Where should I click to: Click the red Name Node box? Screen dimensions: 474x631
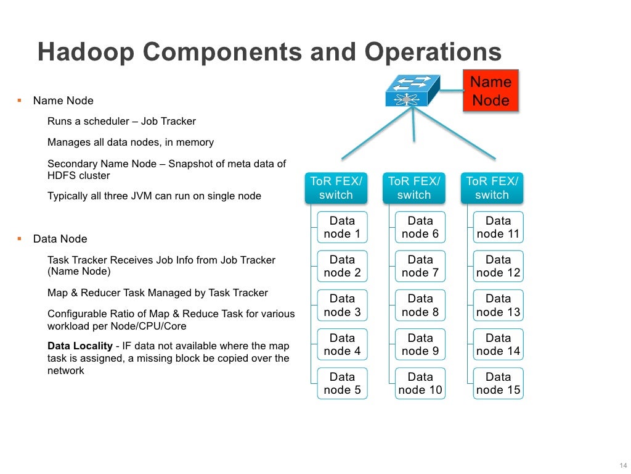(x=491, y=91)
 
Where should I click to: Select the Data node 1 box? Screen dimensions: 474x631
(x=342, y=227)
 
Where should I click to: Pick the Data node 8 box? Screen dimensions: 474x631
(x=420, y=306)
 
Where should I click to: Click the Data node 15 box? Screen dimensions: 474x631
(x=498, y=383)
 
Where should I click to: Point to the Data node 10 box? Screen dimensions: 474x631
(x=420, y=383)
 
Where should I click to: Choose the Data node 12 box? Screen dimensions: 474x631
(x=498, y=266)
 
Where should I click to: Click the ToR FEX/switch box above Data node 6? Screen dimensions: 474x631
(x=413, y=188)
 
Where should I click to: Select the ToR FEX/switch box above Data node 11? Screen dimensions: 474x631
(x=492, y=188)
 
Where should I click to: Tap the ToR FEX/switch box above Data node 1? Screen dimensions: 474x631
(x=336, y=188)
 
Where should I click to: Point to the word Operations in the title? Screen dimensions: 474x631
(x=433, y=52)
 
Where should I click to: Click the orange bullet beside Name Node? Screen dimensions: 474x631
(x=19, y=100)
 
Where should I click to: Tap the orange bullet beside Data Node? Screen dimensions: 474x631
(x=19, y=238)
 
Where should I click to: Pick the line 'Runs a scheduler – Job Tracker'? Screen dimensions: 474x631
(x=121, y=121)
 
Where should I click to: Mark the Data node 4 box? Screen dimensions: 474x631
(x=342, y=344)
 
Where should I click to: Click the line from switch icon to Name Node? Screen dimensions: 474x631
(x=451, y=91)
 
